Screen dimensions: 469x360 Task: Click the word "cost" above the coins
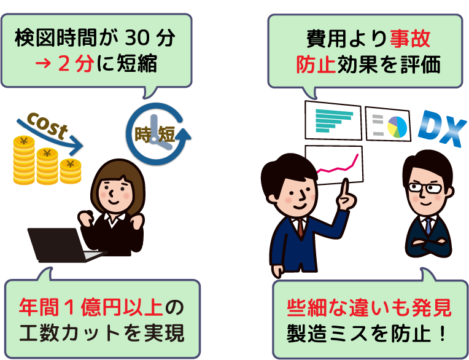47,126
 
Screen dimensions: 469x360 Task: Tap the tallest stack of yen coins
23,160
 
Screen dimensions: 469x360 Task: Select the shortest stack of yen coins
71,171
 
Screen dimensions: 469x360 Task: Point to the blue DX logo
442,128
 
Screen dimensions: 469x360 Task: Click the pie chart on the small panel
397,127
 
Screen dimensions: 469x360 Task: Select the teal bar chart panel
333,120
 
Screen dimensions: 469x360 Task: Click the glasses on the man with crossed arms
425,188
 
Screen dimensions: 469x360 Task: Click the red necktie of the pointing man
300,228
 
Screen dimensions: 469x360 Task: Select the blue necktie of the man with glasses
429,226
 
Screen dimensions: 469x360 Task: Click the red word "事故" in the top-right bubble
410,39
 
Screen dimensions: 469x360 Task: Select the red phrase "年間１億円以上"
91,307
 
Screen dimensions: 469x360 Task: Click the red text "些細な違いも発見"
369,308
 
